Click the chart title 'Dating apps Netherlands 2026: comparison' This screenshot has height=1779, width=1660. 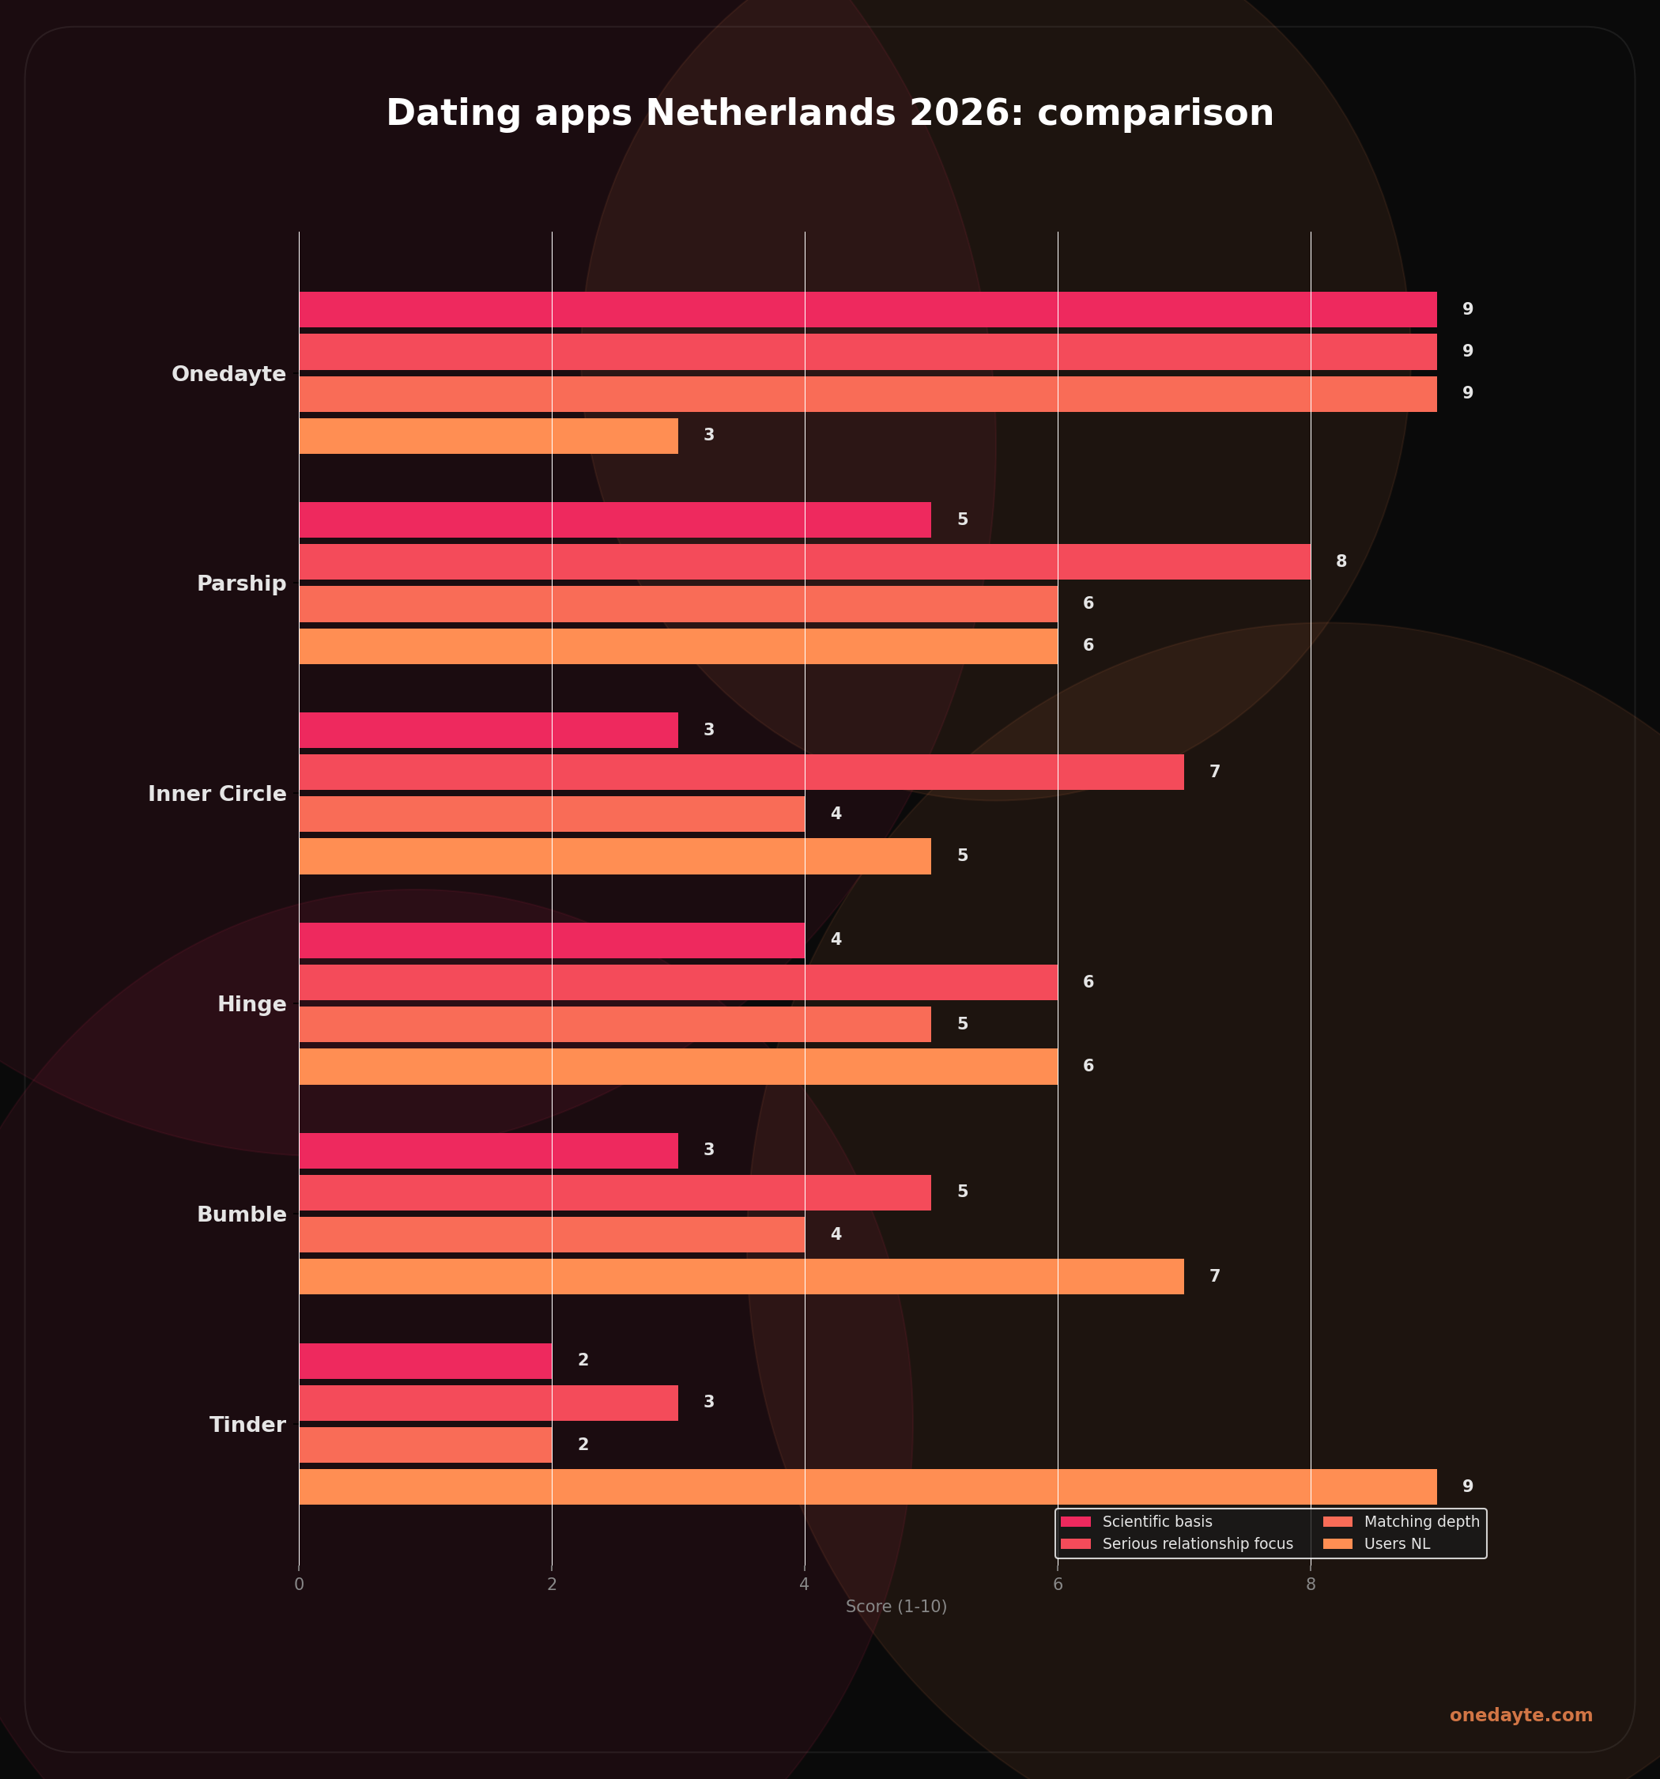point(829,114)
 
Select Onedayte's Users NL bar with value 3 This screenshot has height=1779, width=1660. point(488,436)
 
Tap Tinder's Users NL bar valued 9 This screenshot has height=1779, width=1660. point(867,1486)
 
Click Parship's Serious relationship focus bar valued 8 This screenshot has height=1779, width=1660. point(804,562)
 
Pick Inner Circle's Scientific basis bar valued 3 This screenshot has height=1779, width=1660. point(488,731)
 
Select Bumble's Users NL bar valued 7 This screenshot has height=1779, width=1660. point(740,1276)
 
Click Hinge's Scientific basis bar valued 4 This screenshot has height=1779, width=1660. point(551,941)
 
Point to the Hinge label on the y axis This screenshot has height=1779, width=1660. point(251,1004)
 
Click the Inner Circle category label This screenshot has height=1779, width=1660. point(217,794)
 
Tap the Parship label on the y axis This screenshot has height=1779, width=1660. point(241,584)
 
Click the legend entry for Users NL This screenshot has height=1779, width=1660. point(1396,1543)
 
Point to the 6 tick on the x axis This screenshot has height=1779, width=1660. point(1058,1584)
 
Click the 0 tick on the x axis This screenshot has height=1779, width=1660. point(299,1584)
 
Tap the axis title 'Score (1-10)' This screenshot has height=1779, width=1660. point(896,1607)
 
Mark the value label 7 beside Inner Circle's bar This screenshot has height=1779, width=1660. point(1214,772)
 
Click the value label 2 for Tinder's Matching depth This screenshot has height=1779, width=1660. point(583,1445)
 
